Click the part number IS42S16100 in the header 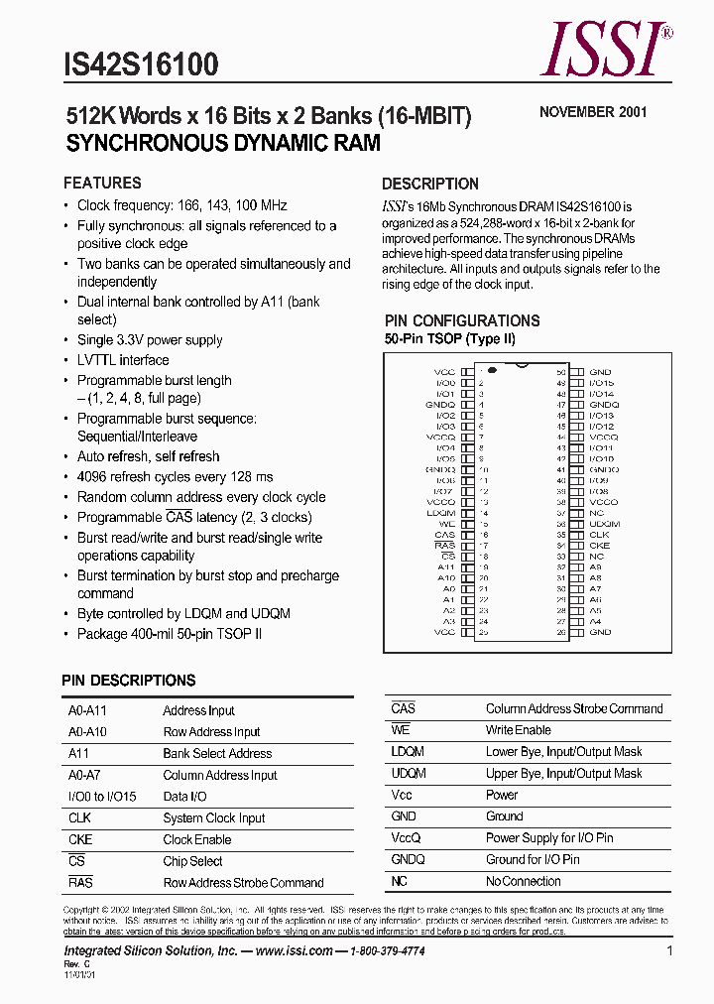141,65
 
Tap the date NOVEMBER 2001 592,112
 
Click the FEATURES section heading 102,183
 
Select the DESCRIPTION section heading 429,184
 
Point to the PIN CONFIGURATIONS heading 462,320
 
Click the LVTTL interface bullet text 123,360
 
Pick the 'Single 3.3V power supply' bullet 150,340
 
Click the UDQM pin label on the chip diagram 604,524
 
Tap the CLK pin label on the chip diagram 599,535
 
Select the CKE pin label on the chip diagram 599,546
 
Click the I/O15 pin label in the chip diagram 601,383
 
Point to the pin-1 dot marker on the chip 488,369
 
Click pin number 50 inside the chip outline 560,372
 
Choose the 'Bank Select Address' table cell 217,753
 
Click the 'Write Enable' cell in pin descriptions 519,730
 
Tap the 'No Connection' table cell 523,881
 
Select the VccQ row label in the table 406,838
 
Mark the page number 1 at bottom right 670,950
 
